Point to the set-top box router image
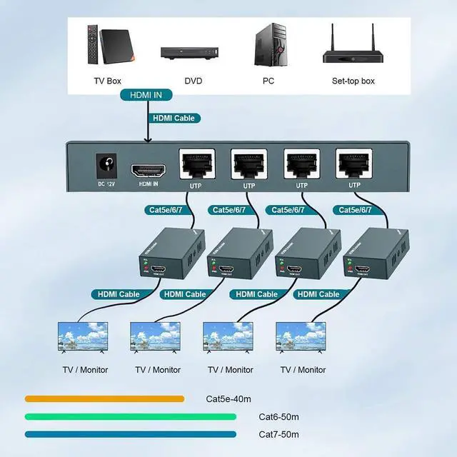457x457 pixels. tap(352, 48)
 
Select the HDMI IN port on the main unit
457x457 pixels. tap(149, 171)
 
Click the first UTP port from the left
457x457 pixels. tap(195, 164)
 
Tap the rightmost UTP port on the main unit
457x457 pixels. tap(354, 164)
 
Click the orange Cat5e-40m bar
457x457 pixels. tap(104, 398)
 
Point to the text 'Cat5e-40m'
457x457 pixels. tap(228, 398)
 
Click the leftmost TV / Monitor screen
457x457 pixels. tap(83, 338)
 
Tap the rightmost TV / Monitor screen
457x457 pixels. tap(301, 338)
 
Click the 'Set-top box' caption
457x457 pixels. tap(353, 81)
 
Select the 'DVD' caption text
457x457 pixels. tap(194, 81)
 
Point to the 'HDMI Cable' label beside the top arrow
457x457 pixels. tap(174, 119)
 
